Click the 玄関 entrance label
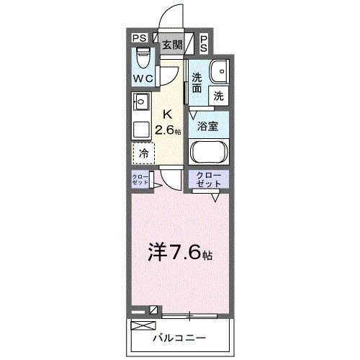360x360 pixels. click(x=171, y=44)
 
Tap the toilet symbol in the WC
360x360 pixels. click(x=142, y=56)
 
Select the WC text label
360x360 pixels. click(x=142, y=78)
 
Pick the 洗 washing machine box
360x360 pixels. click(x=218, y=94)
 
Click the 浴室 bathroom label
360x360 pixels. click(x=209, y=125)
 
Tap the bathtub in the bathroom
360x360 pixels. click(x=209, y=153)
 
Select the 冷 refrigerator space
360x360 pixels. click(x=143, y=153)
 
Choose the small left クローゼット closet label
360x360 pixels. click(x=140, y=180)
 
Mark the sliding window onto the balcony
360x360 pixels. click(x=191, y=314)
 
